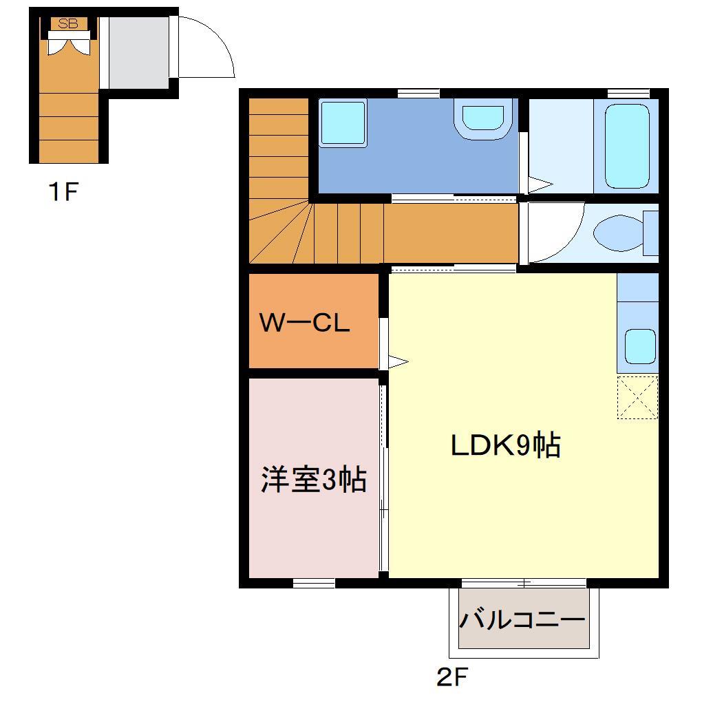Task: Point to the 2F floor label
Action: pyautogui.click(x=451, y=678)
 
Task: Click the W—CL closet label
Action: pyautogui.click(x=304, y=323)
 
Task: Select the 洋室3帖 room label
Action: pyautogui.click(x=313, y=480)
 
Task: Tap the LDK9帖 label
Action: pyautogui.click(x=505, y=446)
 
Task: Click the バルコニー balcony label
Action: pyautogui.click(x=522, y=619)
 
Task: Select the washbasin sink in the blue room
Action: pyautogui.click(x=483, y=117)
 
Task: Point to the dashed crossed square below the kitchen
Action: pyautogui.click(x=637, y=397)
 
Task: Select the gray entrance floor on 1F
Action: pyautogui.click(x=139, y=52)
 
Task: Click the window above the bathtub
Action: pyautogui.click(x=628, y=93)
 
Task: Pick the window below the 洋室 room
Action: pyautogui.click(x=314, y=584)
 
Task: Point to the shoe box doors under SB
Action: pyautogui.click(x=69, y=42)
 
